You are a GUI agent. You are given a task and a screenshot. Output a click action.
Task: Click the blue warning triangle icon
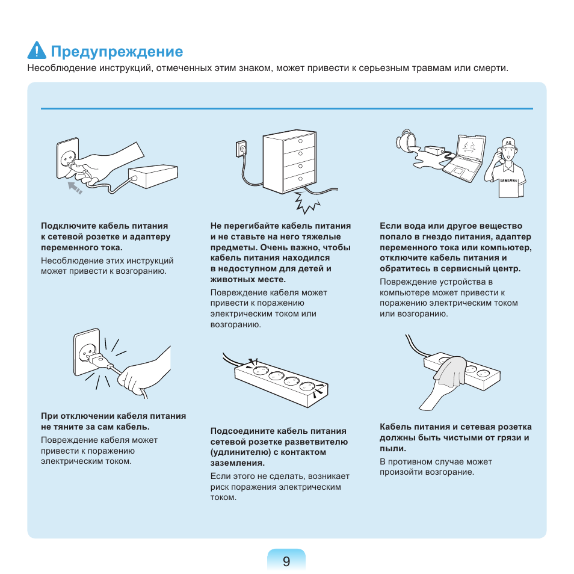tap(37, 51)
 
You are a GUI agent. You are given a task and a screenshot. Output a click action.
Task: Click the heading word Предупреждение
tap(117, 52)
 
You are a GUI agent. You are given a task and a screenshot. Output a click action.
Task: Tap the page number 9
tap(286, 561)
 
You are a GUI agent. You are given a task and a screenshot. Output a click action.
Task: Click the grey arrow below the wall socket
tap(75, 188)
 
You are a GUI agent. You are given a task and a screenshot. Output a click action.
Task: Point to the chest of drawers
tap(289, 161)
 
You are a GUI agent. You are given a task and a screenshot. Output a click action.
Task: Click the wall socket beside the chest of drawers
tap(241, 149)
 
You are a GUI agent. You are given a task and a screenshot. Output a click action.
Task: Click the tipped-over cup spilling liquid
tap(406, 140)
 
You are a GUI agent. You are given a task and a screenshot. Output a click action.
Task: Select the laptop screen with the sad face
tap(471, 148)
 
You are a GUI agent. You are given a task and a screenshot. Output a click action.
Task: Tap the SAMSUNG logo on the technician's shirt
tap(508, 181)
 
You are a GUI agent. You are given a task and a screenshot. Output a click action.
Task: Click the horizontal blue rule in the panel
tap(287, 108)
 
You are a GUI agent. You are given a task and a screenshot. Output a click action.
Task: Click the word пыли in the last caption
tap(392, 448)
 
